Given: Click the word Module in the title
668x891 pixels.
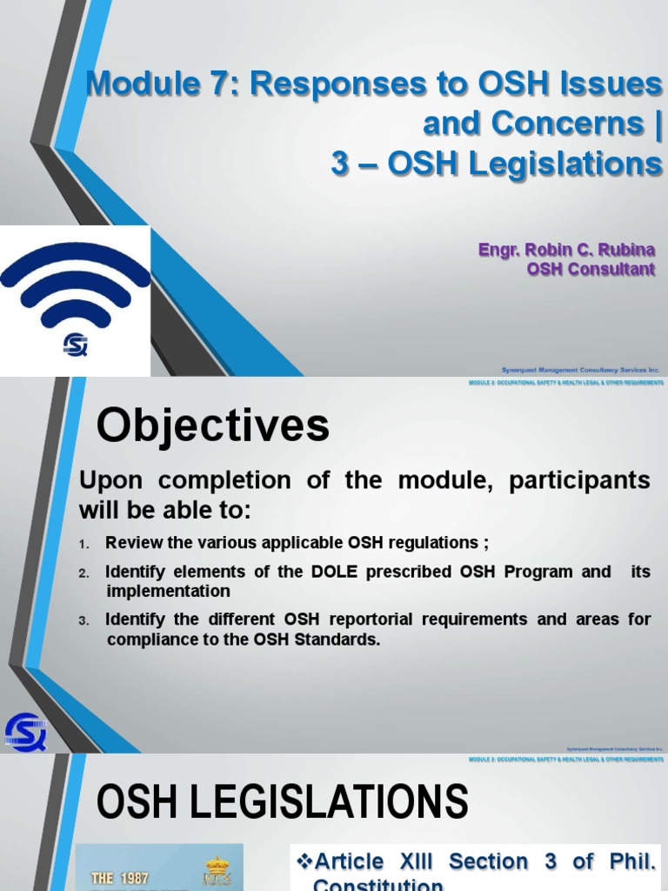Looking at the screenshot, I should tap(137, 84).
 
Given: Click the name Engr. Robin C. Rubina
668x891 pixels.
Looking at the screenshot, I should tap(566, 251).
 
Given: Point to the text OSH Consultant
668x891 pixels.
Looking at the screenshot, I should tap(591, 270).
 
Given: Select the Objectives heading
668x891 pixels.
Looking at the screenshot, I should tap(212, 426).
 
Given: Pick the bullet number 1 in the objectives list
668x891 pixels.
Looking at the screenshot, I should tap(83, 544).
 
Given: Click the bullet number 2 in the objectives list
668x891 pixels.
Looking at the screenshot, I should tap(83, 573).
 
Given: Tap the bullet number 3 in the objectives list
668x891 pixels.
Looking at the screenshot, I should tap(83, 621).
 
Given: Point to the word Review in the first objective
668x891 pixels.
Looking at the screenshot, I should tap(130, 543).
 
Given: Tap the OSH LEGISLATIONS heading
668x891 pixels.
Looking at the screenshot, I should tap(282, 801).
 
